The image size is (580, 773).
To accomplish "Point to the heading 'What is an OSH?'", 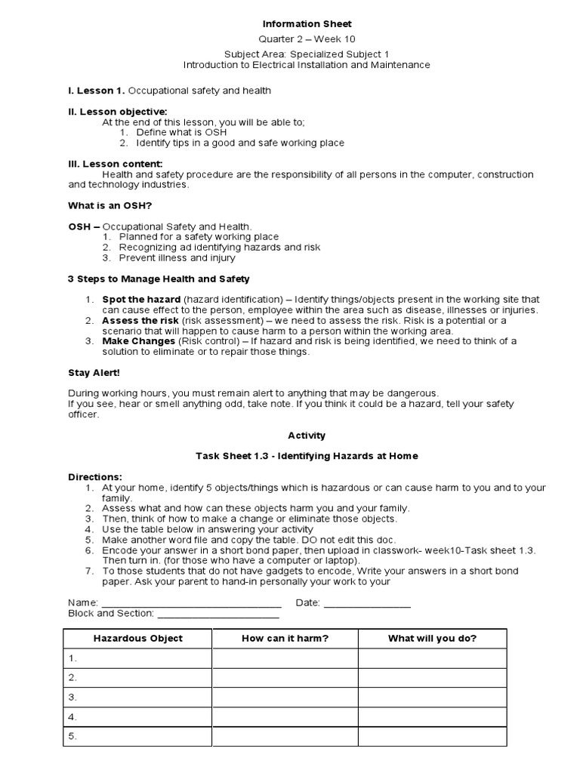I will pos(114,205).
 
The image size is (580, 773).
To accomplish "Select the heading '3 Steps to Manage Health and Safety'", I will pos(159,279).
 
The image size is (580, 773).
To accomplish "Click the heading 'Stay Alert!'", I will pos(94,372).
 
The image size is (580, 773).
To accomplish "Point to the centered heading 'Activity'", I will pos(307,435).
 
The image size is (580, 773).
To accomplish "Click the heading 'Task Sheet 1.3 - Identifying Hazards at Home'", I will pos(307,456).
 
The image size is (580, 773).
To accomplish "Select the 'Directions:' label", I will pos(94,477).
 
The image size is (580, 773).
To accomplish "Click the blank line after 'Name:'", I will pos(191,603).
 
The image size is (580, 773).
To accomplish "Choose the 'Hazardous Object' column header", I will pos(137,639).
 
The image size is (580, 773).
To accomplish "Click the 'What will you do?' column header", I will pos(432,639).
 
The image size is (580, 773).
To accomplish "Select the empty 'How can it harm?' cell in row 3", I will pos(285,698).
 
